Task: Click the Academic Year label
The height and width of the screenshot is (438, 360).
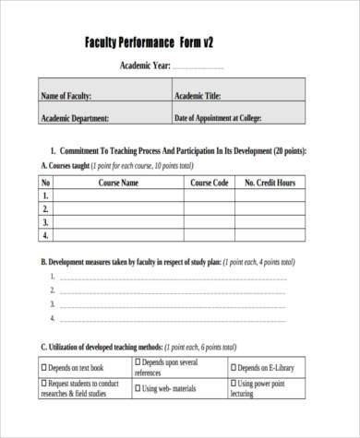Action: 145,66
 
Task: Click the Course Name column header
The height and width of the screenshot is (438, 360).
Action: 119,183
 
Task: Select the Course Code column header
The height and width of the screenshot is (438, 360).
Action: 210,183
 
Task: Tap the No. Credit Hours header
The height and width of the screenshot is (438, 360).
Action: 269,183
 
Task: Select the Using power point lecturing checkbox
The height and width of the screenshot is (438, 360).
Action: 234,383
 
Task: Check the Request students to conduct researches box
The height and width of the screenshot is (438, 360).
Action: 44,383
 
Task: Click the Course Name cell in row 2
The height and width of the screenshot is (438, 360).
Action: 119,209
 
